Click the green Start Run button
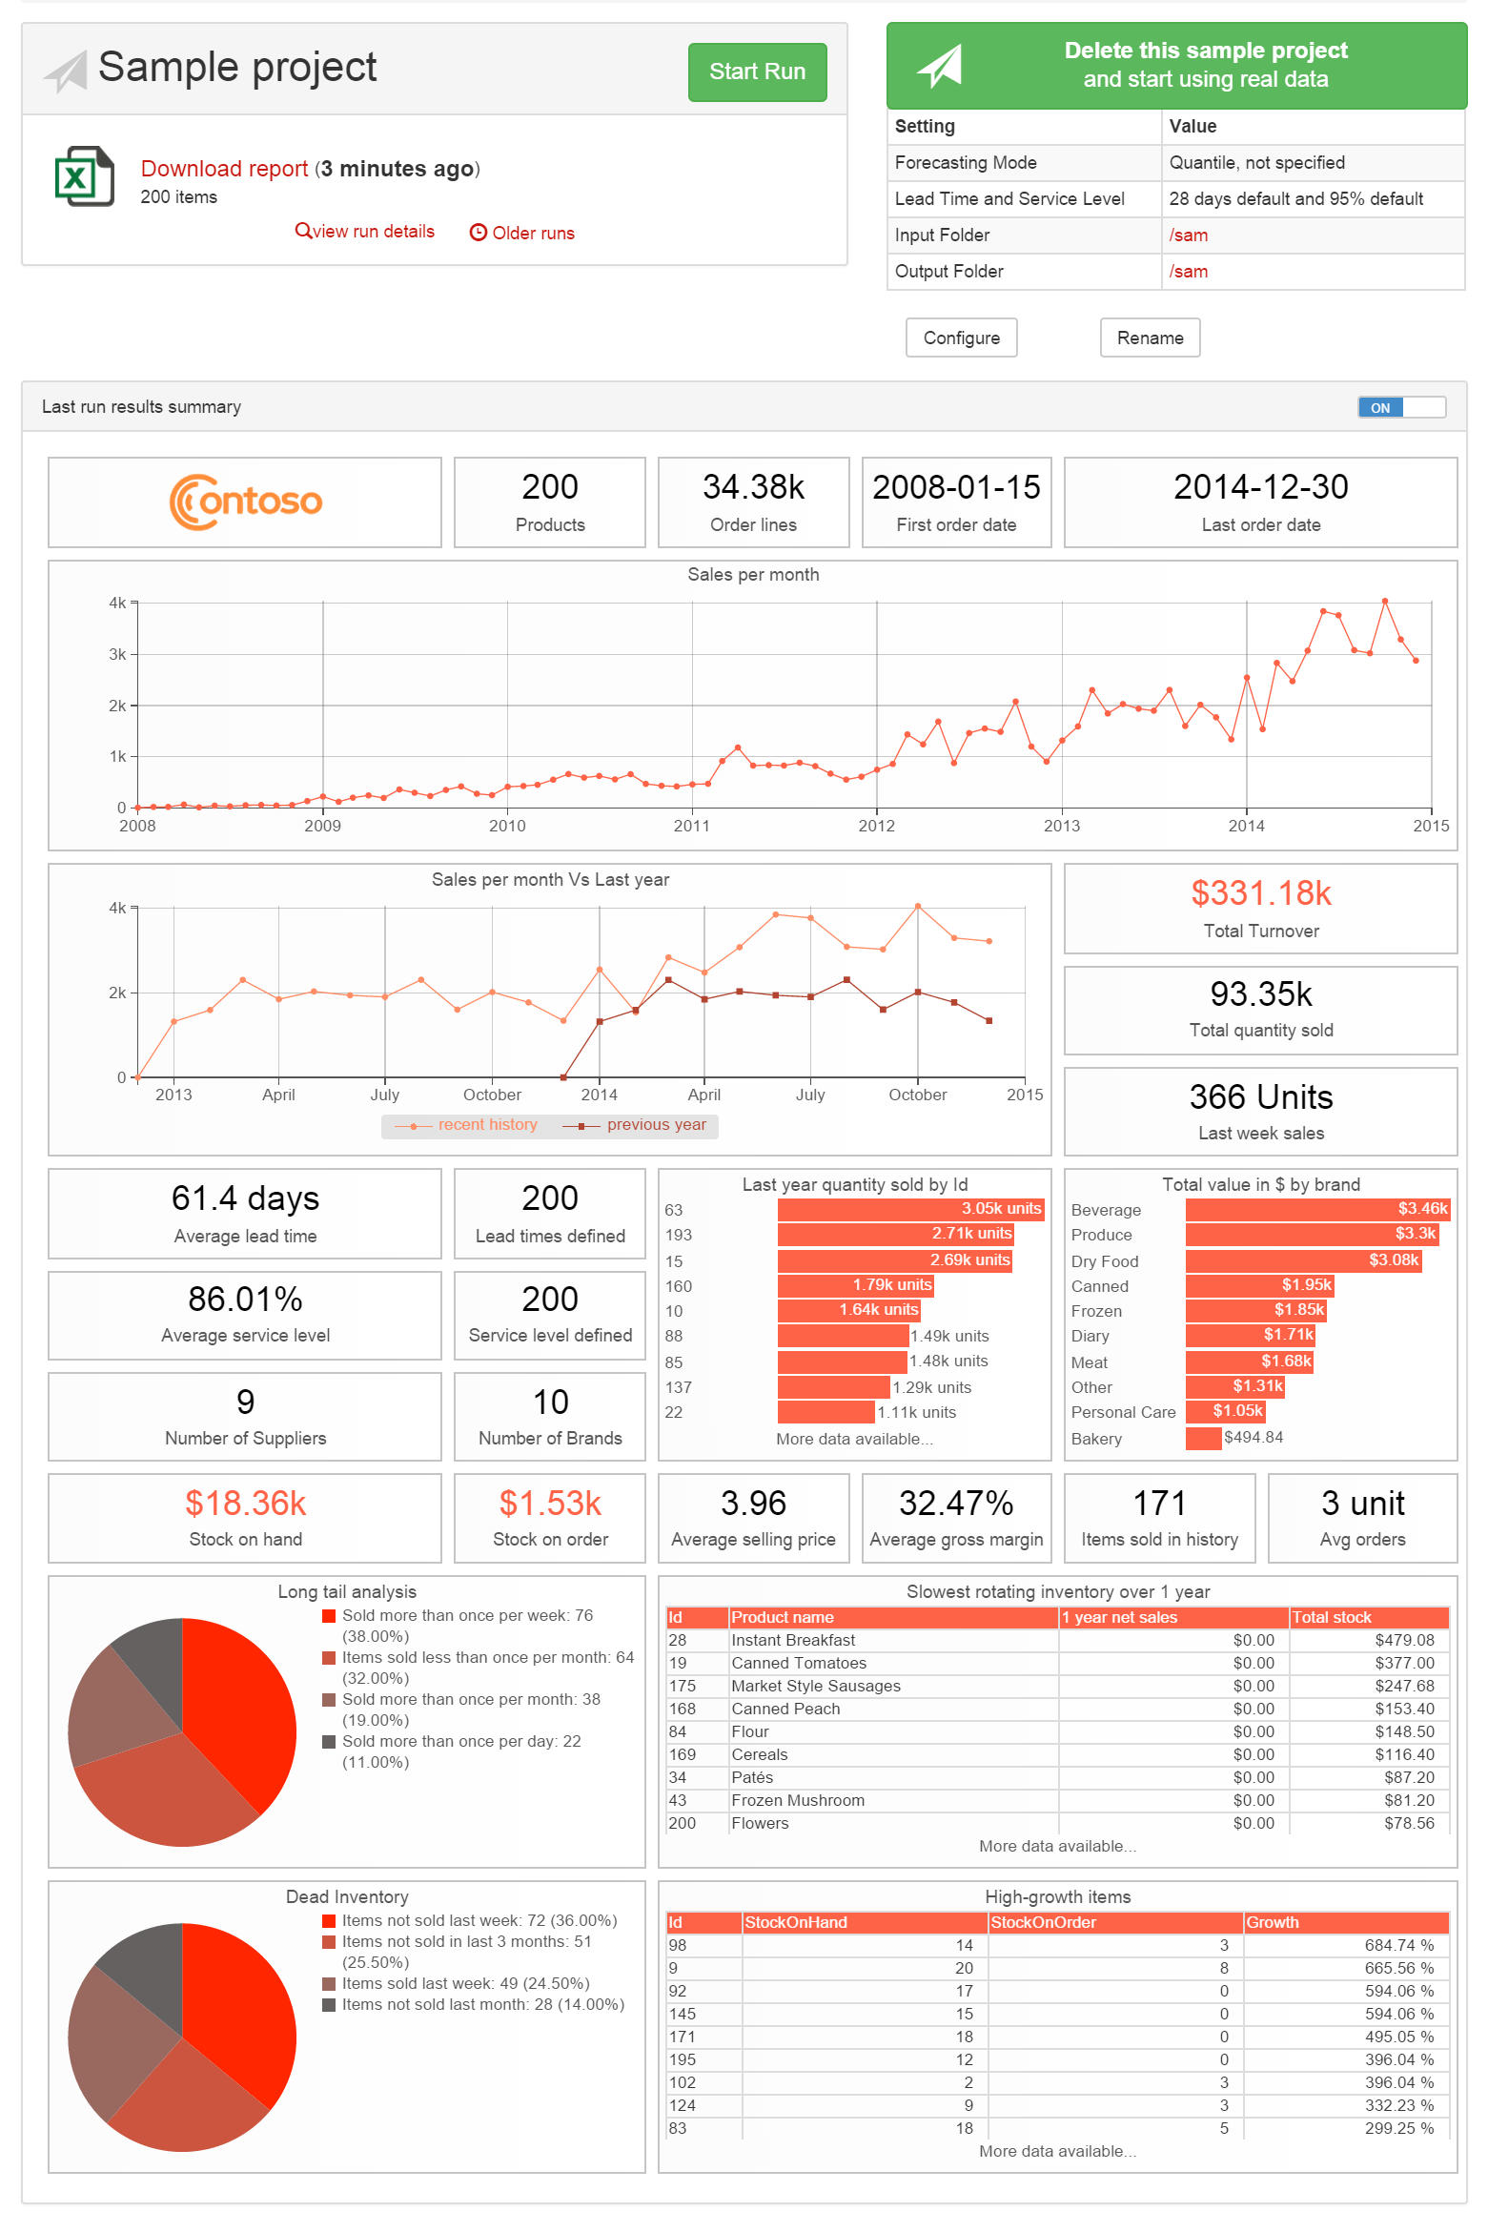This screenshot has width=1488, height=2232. tap(756, 72)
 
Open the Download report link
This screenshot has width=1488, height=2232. tap(224, 169)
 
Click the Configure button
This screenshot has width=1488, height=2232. tap(960, 338)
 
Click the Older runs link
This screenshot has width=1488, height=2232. tap(522, 233)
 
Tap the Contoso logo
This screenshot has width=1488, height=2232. tap(245, 502)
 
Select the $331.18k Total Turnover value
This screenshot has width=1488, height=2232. tap(1260, 893)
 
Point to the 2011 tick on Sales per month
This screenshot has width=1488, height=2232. tap(691, 825)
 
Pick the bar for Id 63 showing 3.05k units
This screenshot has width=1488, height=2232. tap(910, 1209)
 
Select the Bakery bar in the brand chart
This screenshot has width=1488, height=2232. tap(1202, 1438)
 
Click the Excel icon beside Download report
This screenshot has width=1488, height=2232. tap(84, 176)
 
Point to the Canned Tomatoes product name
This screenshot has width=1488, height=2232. tap(798, 1663)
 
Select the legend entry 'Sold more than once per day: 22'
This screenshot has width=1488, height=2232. tap(460, 1741)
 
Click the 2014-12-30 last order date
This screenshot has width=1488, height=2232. tap(1260, 487)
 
